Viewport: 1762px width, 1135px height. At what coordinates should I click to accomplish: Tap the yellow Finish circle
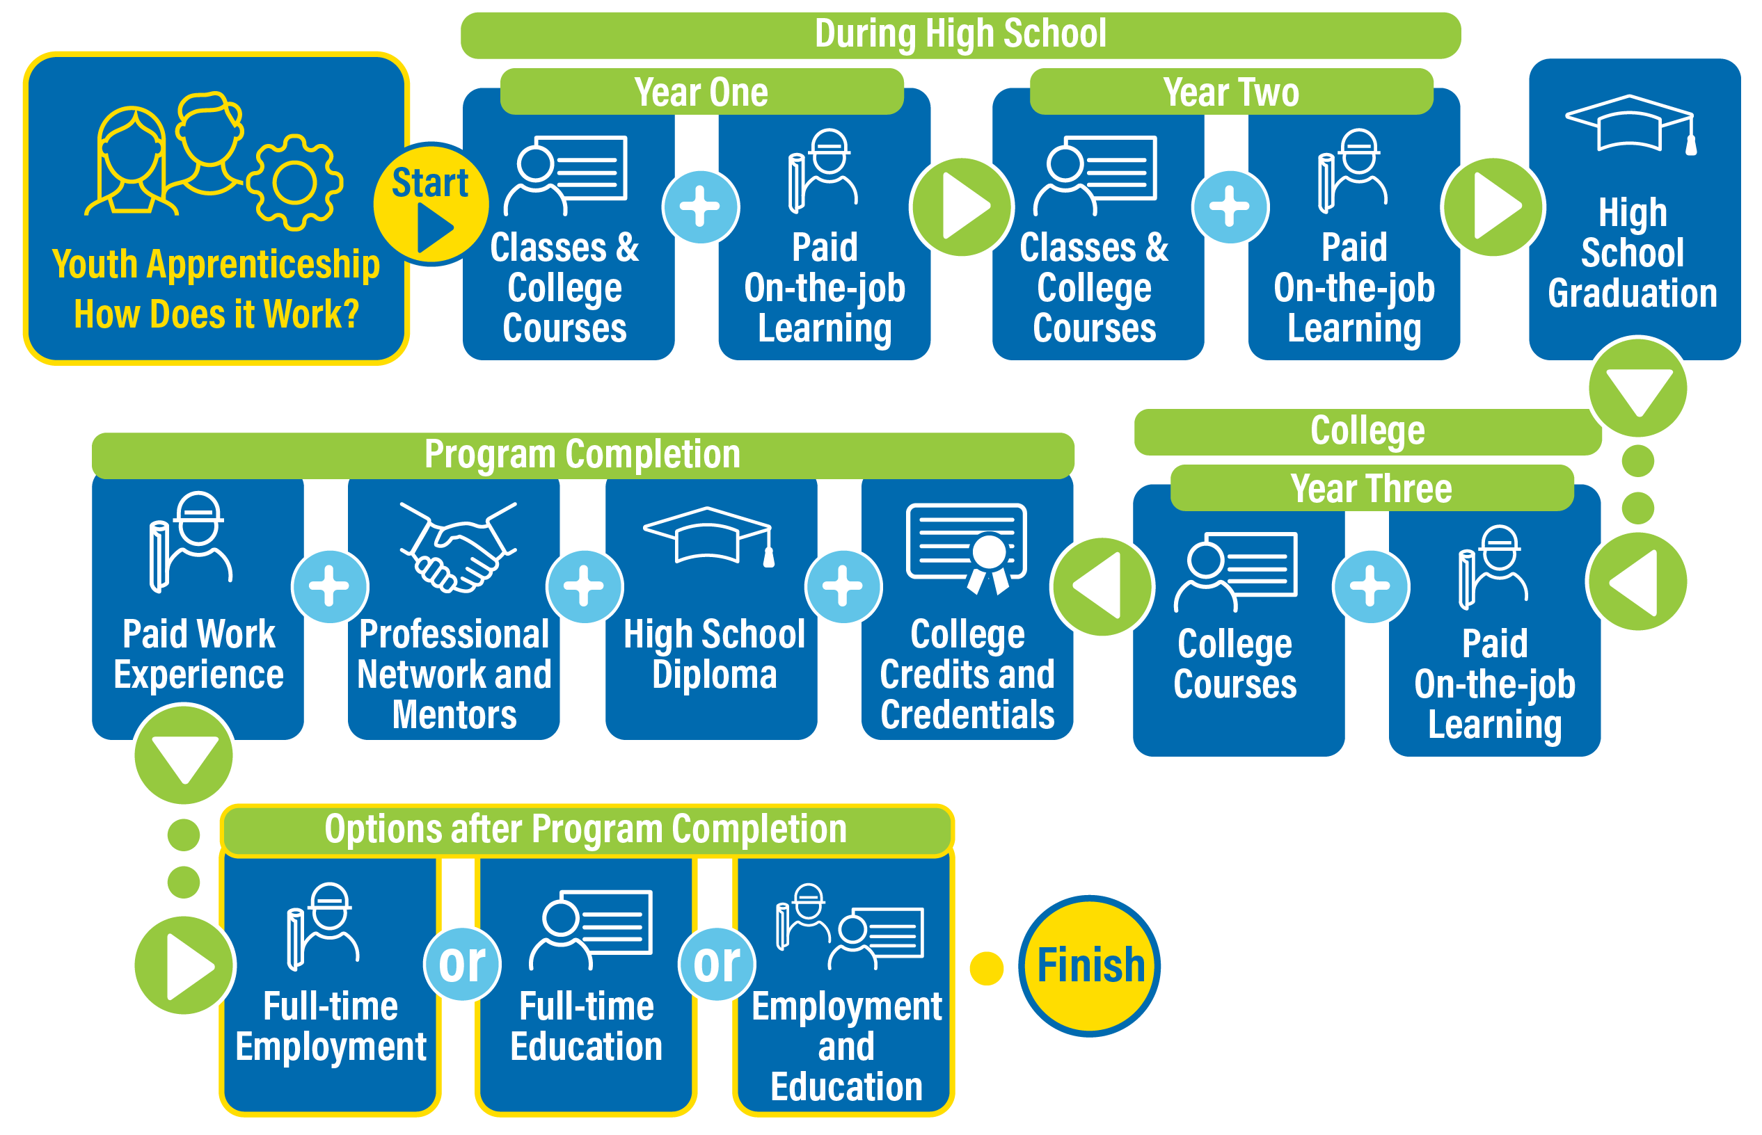pyautogui.click(x=1089, y=965)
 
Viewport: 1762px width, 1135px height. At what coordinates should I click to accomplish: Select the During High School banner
pyautogui.click(x=960, y=35)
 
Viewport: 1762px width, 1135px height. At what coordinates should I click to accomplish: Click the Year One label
pyautogui.click(x=701, y=92)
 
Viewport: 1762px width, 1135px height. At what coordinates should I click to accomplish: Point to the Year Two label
pyautogui.click(x=1230, y=92)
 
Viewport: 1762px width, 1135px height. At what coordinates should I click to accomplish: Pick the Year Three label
pyautogui.click(x=1372, y=488)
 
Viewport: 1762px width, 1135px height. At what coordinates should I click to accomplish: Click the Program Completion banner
pyautogui.click(x=582, y=454)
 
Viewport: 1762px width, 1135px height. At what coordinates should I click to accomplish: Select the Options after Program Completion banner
pyautogui.click(x=586, y=829)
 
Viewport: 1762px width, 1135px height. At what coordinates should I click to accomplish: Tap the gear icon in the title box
pyautogui.click(x=295, y=182)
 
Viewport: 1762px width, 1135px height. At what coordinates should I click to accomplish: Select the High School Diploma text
pyautogui.click(x=714, y=654)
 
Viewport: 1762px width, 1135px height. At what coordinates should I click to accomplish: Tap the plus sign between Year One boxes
pyautogui.click(x=700, y=207)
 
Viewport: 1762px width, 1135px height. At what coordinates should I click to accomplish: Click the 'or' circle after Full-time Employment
pyautogui.click(x=462, y=963)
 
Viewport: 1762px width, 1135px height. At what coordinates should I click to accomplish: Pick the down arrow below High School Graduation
pyautogui.click(x=1637, y=386)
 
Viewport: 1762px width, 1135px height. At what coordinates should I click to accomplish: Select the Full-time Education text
pyautogui.click(x=586, y=1026)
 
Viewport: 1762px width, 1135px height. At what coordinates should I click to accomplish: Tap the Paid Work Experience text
pyautogui.click(x=198, y=654)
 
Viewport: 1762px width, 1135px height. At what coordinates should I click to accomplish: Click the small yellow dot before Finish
pyautogui.click(x=986, y=967)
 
